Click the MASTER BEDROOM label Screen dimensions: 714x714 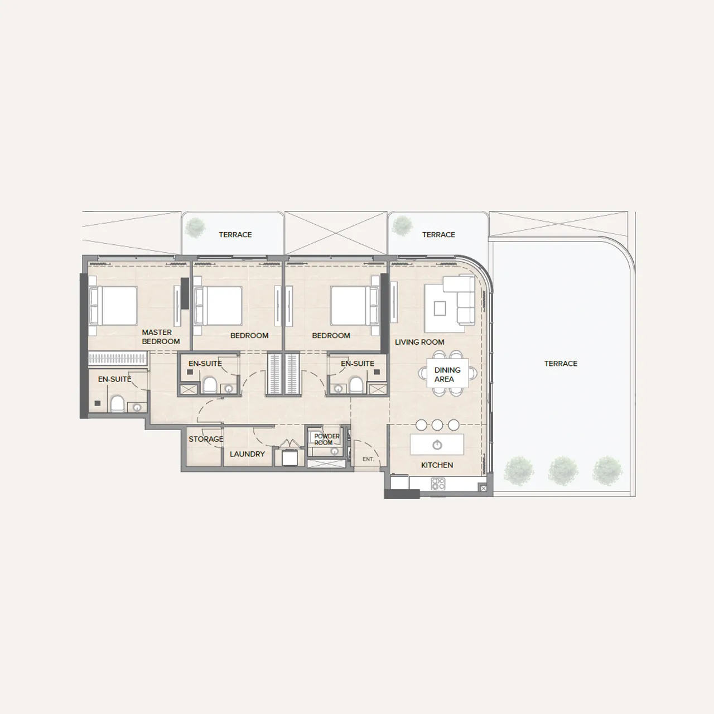(161, 337)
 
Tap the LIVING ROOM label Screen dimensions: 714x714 (419, 342)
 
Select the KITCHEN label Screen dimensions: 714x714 (437, 465)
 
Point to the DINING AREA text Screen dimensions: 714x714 (447, 375)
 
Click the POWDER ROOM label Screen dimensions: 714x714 (326, 440)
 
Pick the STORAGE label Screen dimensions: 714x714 (206, 439)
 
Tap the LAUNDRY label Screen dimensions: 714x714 (247, 454)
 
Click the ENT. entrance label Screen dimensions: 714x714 (368, 459)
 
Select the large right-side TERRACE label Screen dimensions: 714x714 (561, 364)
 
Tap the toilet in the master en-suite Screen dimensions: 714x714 (117, 404)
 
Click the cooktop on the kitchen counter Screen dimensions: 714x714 (438, 484)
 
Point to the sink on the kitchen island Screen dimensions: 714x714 (437, 445)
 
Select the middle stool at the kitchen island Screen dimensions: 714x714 (437, 425)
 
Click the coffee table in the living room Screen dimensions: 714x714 (440, 308)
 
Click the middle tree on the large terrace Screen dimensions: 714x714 (563, 471)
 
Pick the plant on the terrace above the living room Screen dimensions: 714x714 (402, 226)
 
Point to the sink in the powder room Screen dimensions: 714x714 (335, 451)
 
